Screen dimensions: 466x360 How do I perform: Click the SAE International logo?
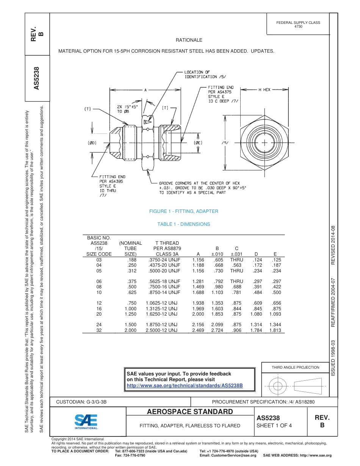tap(86, 421)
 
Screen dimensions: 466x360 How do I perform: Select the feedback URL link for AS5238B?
tap(184, 386)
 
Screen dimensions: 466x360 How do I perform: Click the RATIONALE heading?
tap(189, 40)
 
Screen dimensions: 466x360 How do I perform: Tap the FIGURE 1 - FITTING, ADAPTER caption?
tap(183, 211)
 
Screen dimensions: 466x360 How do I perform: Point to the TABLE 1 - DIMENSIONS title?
tap(183, 224)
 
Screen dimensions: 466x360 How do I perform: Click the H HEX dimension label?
tap(264, 90)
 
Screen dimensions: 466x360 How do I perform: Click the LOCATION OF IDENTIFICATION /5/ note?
tap(201, 74)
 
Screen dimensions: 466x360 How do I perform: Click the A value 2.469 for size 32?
tap(198, 330)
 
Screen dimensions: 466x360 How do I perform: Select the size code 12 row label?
tap(99, 303)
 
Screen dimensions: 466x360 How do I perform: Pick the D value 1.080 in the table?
tap(256, 314)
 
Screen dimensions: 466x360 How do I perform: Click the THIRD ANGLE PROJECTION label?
tap(295, 367)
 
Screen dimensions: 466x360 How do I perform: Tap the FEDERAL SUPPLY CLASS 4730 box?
tap(298, 24)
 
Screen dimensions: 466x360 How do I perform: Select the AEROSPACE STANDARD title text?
tap(190, 412)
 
